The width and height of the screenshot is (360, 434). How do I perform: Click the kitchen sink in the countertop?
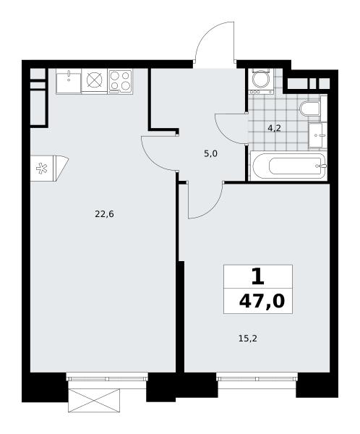pos(69,81)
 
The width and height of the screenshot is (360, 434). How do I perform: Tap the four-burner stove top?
pos(121,81)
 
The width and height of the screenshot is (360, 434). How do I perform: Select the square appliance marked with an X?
pos(95,80)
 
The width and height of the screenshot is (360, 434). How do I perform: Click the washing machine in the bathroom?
pos(260,80)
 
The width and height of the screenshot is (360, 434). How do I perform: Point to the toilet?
pos(310,109)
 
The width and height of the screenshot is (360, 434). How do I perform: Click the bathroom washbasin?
pos(317,135)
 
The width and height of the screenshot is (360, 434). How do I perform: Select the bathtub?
pos(288,166)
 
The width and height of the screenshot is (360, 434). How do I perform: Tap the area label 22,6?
pos(104,214)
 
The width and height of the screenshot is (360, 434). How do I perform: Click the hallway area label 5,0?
pos(210,153)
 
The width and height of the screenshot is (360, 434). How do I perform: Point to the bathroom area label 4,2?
pos(274,128)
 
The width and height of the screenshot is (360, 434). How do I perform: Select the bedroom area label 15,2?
pos(248,339)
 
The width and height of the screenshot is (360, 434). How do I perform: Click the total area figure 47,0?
pos(262,301)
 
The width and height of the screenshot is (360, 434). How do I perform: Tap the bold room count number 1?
pos(258,277)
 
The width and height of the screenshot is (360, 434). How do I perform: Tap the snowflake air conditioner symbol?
pos(42,169)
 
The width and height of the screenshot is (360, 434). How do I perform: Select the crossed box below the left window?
pos(94,401)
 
